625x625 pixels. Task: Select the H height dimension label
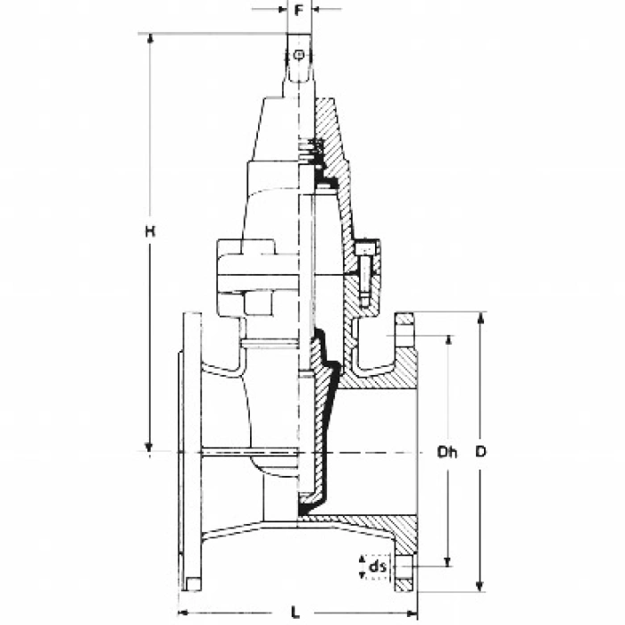pos(151,232)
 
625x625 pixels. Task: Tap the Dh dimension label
pos(446,453)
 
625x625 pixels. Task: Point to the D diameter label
pos(481,453)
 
